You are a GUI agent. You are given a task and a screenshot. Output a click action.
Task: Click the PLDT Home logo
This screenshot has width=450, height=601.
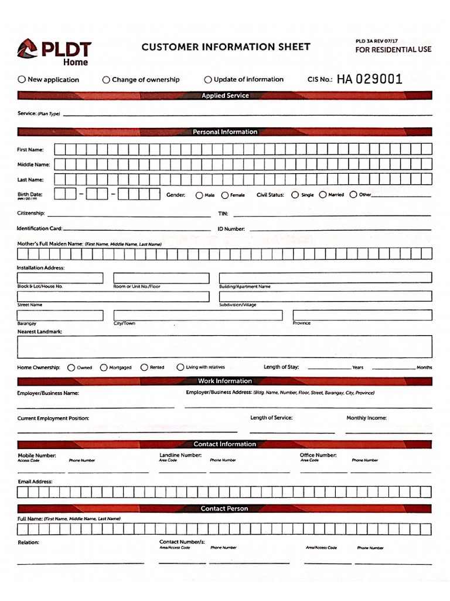coord(54,52)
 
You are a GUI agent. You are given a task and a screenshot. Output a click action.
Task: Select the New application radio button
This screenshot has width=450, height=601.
coord(22,79)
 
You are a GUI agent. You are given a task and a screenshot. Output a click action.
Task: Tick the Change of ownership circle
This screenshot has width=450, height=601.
coord(106,79)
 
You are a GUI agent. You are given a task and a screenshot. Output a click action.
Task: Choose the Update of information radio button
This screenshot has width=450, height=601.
coord(208,79)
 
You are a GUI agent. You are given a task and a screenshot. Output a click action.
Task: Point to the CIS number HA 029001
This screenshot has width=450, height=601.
coord(369,79)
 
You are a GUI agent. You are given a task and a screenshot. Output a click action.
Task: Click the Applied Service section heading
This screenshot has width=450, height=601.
coord(225,96)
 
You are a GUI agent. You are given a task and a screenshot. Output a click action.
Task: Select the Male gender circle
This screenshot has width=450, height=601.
coord(199,195)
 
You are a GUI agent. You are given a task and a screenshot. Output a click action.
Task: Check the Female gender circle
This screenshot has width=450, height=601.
coord(225,195)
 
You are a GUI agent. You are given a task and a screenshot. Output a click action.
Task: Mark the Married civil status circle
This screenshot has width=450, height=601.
coord(323,195)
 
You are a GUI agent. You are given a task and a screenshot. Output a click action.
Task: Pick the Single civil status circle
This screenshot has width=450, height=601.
coord(295,195)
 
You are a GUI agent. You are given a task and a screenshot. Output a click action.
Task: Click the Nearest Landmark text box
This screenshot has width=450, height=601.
coord(224,347)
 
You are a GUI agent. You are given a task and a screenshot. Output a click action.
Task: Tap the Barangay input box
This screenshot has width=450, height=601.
coord(60,315)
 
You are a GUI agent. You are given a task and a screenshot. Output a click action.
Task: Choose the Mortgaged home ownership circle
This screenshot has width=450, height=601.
coord(104,367)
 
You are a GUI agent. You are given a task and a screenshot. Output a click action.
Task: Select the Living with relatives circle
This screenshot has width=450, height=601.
coord(180,367)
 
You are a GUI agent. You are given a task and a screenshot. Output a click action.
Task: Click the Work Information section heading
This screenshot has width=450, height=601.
coord(225,381)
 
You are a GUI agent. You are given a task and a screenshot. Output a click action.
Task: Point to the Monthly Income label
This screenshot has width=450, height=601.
coord(366,418)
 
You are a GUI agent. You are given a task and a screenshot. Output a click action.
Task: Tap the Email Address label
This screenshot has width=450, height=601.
coord(35,481)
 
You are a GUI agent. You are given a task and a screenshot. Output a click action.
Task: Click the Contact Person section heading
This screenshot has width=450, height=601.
coord(225,508)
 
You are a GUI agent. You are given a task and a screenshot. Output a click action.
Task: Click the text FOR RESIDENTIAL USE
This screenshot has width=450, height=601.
coord(393,49)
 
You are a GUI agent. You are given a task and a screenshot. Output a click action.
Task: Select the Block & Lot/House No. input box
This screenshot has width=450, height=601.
coord(60,278)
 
